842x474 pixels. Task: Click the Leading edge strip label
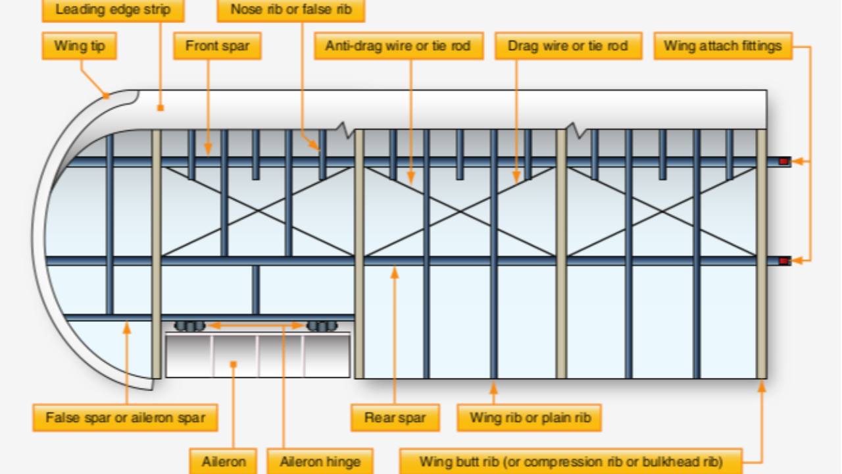pyautogui.click(x=113, y=10)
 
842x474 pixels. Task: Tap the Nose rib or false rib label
pyautogui.click(x=291, y=10)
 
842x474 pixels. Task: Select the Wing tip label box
pyautogui.click(x=80, y=46)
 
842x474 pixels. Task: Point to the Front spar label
pyautogui.click(x=217, y=46)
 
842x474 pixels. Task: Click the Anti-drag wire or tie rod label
pyautogui.click(x=399, y=46)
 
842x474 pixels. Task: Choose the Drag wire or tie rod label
pyautogui.click(x=568, y=46)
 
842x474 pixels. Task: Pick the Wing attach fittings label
pyautogui.click(x=723, y=46)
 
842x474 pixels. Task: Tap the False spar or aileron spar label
pyautogui.click(x=125, y=417)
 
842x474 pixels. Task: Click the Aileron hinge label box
pyautogui.click(x=320, y=461)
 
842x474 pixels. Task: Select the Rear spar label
pyautogui.click(x=395, y=417)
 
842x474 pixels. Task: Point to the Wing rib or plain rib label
pyautogui.click(x=530, y=417)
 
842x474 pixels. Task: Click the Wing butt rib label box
pyautogui.click(x=571, y=461)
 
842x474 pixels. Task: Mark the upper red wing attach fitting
pyautogui.click(x=783, y=161)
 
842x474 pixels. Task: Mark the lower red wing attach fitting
pyautogui.click(x=783, y=261)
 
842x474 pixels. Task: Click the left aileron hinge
pyautogui.click(x=190, y=326)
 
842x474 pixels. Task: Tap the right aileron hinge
pyautogui.click(x=322, y=326)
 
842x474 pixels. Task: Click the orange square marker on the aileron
pyautogui.click(x=234, y=364)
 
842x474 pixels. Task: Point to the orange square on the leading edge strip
pyautogui.click(x=161, y=108)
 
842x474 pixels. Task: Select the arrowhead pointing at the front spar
pyautogui.click(x=208, y=149)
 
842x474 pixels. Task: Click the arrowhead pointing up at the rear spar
pyautogui.click(x=394, y=272)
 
